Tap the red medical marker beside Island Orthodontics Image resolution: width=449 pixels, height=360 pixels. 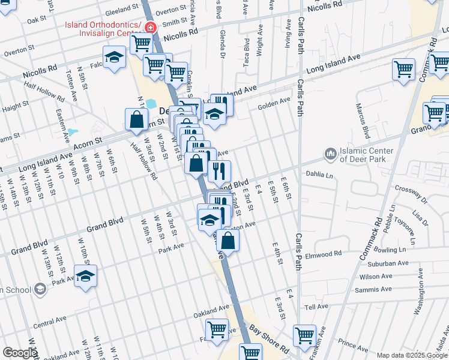click(x=149, y=28)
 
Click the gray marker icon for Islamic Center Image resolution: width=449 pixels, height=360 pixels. click(x=330, y=155)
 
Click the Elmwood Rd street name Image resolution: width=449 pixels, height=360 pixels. click(x=323, y=254)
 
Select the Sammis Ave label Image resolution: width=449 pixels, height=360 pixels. click(x=376, y=289)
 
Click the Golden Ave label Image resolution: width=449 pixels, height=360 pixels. click(x=274, y=106)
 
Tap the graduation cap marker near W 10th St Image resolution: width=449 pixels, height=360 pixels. click(x=86, y=277)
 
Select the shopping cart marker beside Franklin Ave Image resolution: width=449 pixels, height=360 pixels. click(x=304, y=335)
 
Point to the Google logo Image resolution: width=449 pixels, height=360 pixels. click(x=19, y=353)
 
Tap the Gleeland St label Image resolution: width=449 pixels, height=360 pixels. click(x=121, y=10)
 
